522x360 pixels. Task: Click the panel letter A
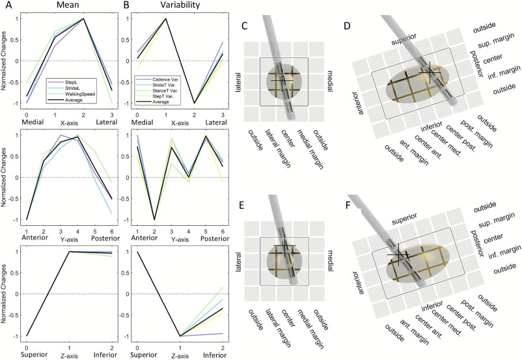point(5,7)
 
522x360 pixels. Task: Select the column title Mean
point(67,7)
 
